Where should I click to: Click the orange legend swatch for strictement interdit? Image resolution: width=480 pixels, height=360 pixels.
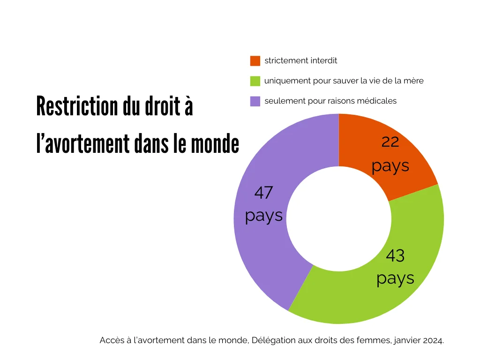(255, 61)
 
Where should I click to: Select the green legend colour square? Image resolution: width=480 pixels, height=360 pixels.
(255, 81)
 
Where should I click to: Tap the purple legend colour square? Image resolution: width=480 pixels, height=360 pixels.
(255, 101)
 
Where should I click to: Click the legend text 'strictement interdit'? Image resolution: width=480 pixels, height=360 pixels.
(300, 61)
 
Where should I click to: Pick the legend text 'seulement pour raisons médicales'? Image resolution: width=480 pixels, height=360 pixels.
(330, 101)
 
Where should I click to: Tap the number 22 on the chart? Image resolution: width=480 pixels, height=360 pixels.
(390, 142)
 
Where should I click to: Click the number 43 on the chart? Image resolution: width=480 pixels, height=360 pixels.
(395, 256)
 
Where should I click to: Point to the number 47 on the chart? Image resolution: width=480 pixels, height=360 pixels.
(263, 193)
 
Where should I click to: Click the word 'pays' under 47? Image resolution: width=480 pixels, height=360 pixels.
(264, 216)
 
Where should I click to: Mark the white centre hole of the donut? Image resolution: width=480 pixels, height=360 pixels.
(338, 219)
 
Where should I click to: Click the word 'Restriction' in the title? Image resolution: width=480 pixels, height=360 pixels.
(77, 107)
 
